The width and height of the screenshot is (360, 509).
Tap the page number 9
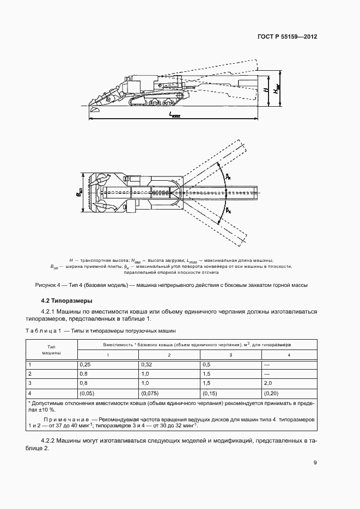(315, 463)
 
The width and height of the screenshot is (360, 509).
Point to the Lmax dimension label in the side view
(174, 114)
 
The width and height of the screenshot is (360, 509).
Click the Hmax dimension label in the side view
(277, 89)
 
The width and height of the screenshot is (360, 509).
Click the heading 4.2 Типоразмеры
(68, 300)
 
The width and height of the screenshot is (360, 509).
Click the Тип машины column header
(52, 349)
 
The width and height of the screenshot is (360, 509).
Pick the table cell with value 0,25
(85, 364)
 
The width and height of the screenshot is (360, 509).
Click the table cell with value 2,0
(268, 383)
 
